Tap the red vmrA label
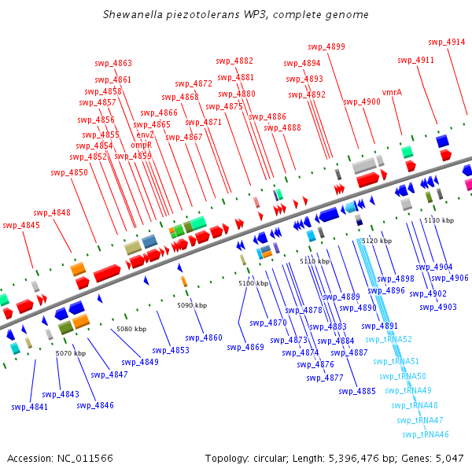click(x=392, y=92)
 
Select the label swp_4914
click(x=446, y=42)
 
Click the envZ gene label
click(x=146, y=135)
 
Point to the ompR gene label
click(x=141, y=146)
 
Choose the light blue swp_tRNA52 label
click(x=389, y=339)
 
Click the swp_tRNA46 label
click(x=425, y=434)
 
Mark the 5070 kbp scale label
click(x=70, y=354)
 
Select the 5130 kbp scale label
click(x=439, y=221)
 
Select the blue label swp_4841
click(x=29, y=407)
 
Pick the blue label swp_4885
click(x=357, y=391)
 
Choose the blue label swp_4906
click(x=449, y=278)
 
